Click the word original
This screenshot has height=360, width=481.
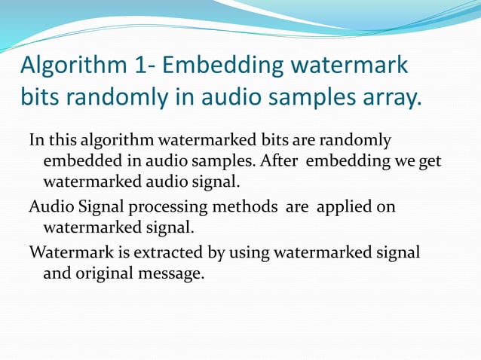tap(103, 273)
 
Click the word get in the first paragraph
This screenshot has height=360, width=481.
tap(430, 161)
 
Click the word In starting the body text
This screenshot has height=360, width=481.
tap(36, 140)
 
